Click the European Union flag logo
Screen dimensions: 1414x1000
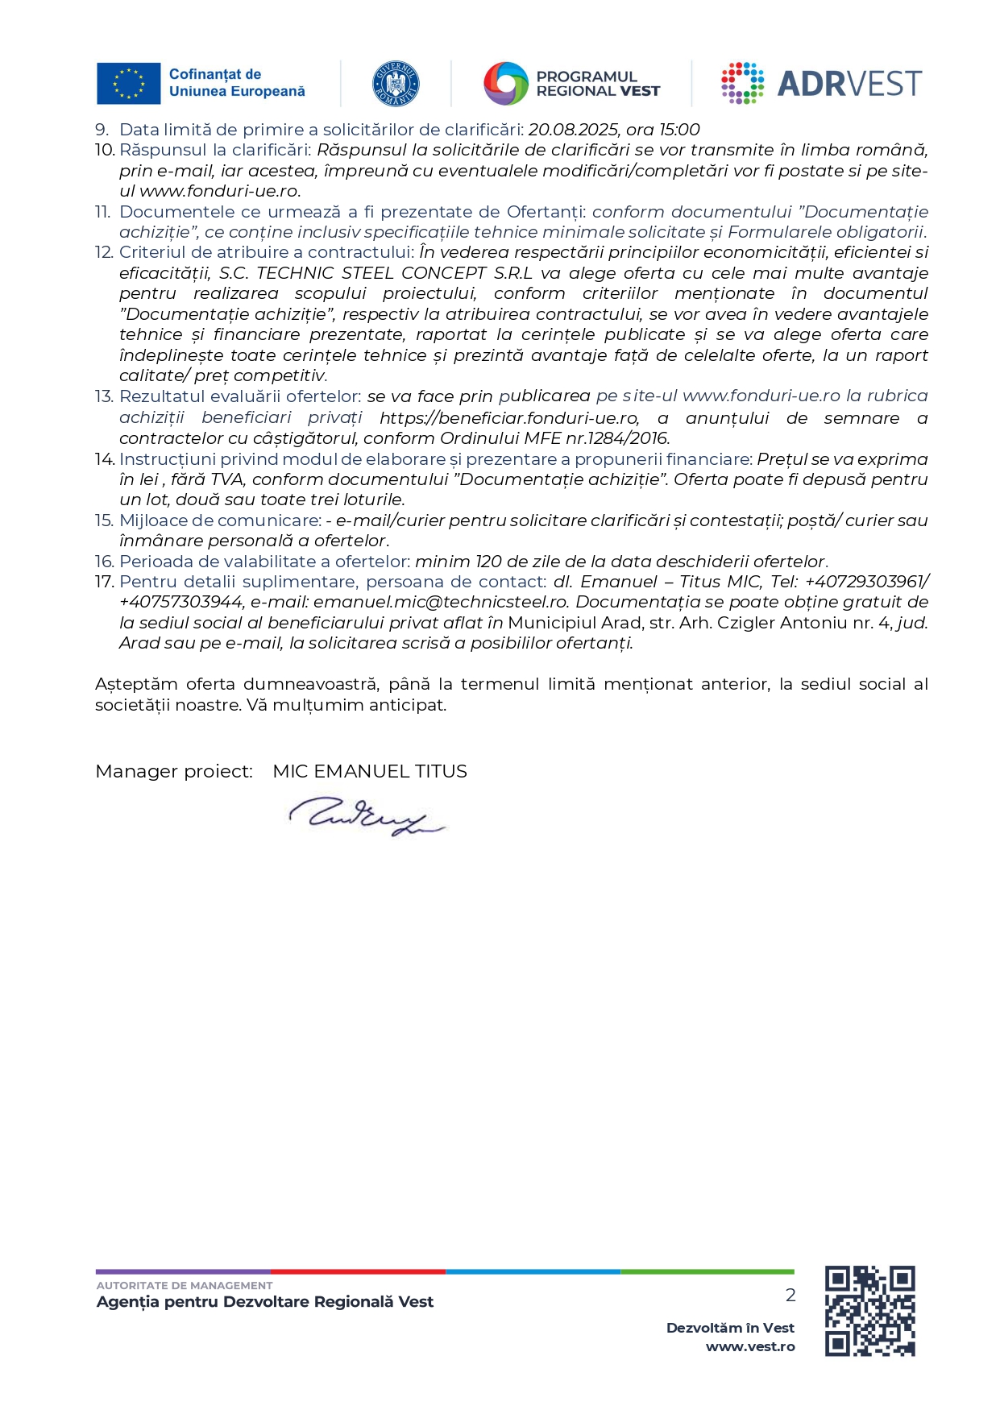coord(128,84)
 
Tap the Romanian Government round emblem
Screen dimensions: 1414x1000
coord(396,84)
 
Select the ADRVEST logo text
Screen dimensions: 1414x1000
coord(849,84)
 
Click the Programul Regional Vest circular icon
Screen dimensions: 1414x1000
coord(505,84)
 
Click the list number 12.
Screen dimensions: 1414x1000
coord(104,252)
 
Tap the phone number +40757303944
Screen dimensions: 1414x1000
coord(181,603)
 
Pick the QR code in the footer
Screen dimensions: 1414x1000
coord(869,1311)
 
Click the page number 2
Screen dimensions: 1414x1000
coord(790,1295)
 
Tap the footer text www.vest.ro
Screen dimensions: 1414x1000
coord(750,1346)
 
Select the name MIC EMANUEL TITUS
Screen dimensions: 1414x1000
coord(370,772)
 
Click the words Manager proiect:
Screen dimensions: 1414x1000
coord(174,772)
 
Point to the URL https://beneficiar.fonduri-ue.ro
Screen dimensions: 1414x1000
coord(509,418)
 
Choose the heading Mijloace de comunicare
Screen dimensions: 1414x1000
coord(220,520)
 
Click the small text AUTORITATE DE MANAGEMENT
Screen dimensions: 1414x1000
coord(185,1285)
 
